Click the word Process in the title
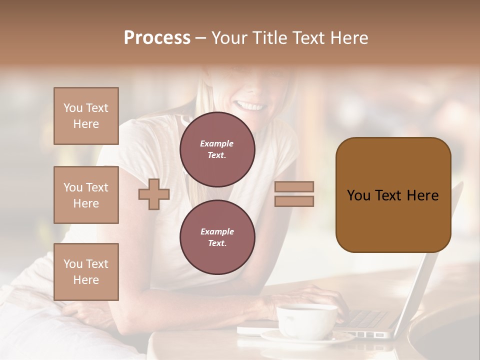coord(157,38)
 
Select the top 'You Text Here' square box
coord(86,116)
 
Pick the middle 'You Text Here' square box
coord(86,195)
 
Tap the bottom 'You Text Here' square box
coord(86,272)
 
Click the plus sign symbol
coord(154,194)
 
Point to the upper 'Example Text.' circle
coord(217,149)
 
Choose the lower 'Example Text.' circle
coord(217,237)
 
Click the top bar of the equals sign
coord(294,187)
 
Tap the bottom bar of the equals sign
coord(294,201)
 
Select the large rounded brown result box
coord(393,195)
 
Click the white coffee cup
coord(306,320)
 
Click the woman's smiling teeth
coord(250,106)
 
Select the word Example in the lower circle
coord(217,231)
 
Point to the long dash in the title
coord(201,38)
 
